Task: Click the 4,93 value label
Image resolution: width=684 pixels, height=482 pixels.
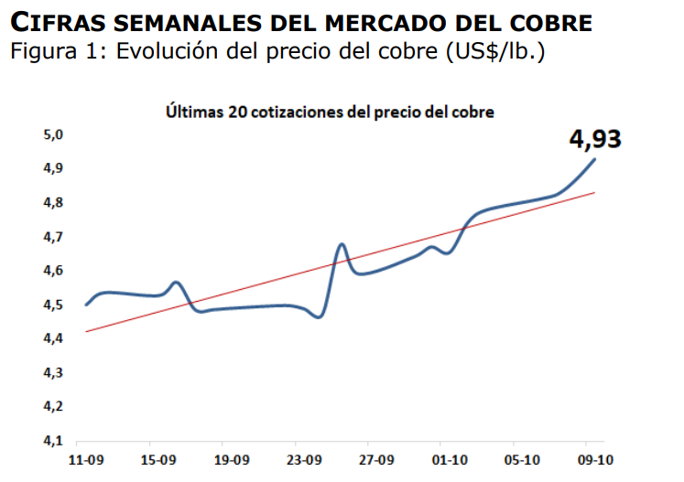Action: [595, 139]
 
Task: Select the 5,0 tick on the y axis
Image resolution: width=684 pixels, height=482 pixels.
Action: [55, 135]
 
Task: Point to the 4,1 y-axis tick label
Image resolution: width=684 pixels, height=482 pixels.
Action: [55, 440]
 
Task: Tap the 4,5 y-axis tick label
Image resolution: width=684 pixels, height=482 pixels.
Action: [55, 305]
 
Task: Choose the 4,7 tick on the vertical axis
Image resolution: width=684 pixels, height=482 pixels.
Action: [55, 237]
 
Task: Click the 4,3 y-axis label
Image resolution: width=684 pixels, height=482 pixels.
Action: [55, 372]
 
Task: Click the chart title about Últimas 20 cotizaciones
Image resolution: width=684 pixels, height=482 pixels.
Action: [330, 112]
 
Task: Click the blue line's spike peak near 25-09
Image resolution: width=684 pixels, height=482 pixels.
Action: [342, 244]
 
